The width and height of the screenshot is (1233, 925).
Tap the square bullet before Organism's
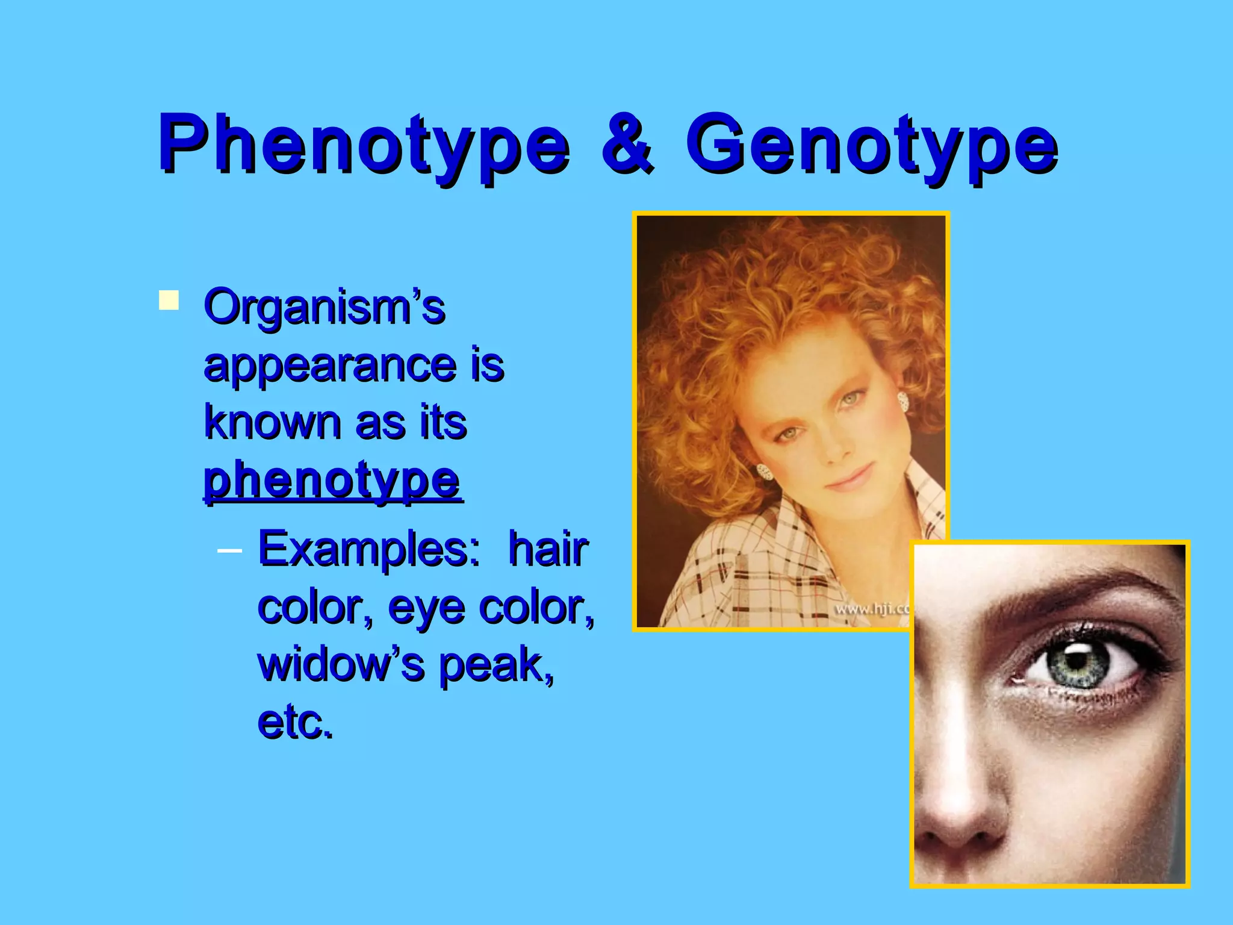169,300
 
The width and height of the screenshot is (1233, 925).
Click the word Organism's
325,307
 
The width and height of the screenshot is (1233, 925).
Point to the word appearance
330,365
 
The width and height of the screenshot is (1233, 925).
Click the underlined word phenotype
332,481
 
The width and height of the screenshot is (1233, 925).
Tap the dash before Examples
229,550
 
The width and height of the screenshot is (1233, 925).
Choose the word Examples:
368,549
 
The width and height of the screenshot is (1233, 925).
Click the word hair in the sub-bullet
547,549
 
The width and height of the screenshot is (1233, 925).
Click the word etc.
295,721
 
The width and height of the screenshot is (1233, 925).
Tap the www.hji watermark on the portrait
871,609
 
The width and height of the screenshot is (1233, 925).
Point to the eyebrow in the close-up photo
1066,593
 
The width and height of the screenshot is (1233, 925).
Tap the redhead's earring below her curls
765,472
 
